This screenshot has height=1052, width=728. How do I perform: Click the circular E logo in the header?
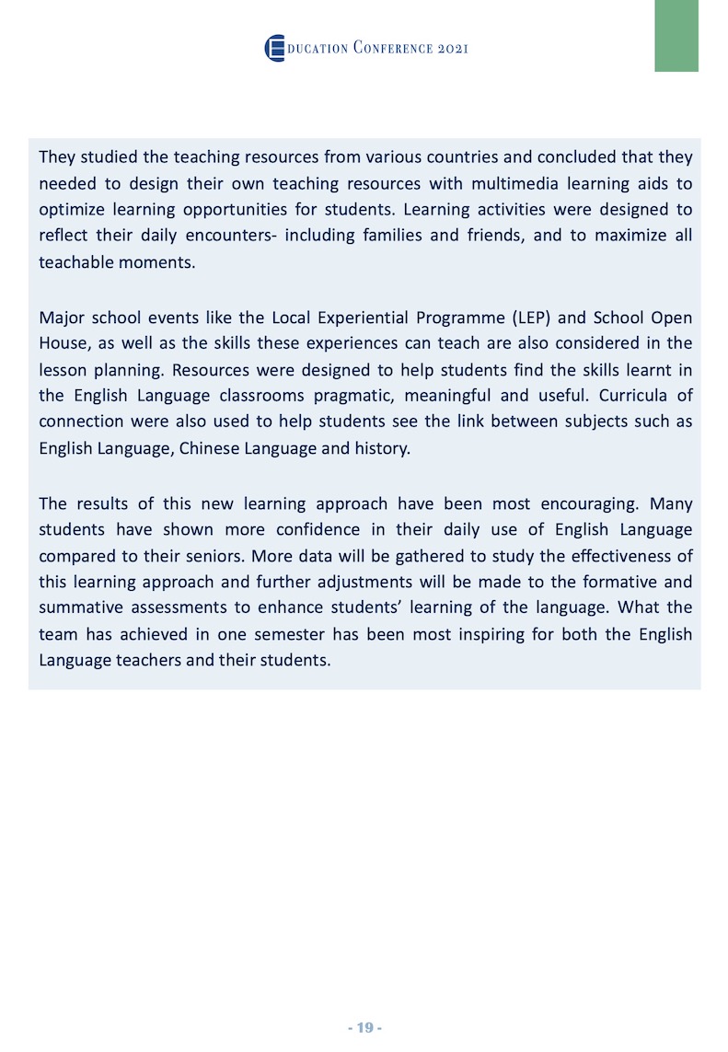coord(274,48)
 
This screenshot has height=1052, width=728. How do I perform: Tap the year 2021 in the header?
coord(451,48)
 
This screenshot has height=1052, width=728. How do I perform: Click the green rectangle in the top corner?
coord(676,35)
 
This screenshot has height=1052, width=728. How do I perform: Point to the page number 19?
coord(364,1027)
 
